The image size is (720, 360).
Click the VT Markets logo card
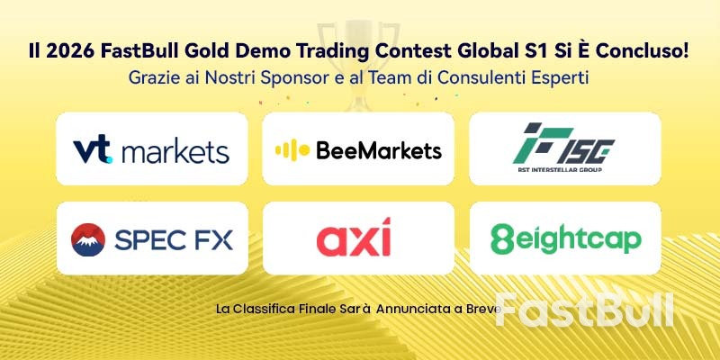(151, 149)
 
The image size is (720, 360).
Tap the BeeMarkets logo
(358, 149)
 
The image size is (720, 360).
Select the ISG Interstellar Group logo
(565, 149)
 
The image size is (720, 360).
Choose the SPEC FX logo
(151, 238)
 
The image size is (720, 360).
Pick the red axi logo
(358, 239)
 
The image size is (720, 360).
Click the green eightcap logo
(565, 238)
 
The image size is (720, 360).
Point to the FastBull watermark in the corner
(584, 309)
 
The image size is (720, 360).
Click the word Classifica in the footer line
(274, 308)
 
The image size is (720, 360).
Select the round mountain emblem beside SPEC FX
(88, 239)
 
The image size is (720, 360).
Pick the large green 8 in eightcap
(499, 239)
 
